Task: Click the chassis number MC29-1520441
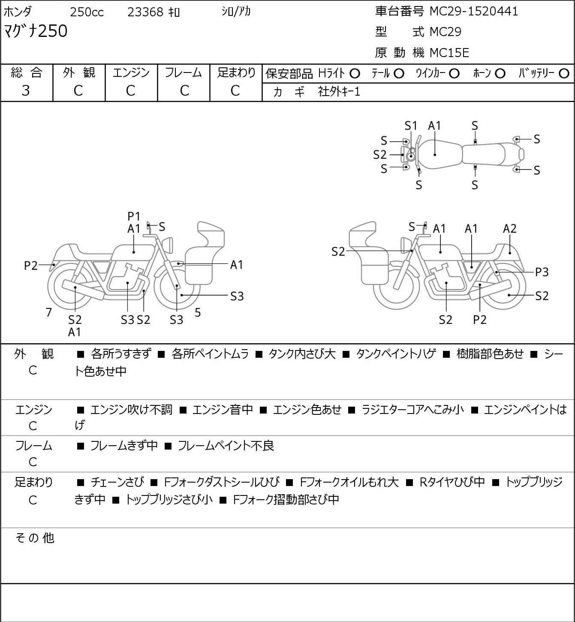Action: click(x=473, y=12)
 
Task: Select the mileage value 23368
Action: click(x=145, y=12)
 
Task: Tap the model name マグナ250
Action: click(x=36, y=31)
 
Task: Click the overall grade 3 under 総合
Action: click(x=26, y=91)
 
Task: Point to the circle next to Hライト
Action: click(x=355, y=74)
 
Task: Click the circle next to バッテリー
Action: click(x=564, y=74)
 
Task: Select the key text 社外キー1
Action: click(x=339, y=92)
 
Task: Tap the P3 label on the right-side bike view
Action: click(x=542, y=272)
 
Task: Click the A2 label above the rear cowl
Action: click(x=509, y=229)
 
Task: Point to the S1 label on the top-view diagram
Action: click(x=411, y=126)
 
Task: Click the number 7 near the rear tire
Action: click(x=48, y=312)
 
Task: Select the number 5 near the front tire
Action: click(x=198, y=312)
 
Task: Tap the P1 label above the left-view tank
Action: click(x=134, y=216)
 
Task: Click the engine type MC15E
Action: click(x=449, y=53)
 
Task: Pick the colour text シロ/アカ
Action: click(x=236, y=12)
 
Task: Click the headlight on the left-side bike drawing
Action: click(x=168, y=245)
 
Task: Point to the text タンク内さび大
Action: click(x=302, y=354)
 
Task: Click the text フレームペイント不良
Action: click(x=226, y=446)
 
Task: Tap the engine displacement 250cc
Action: click(x=87, y=12)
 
